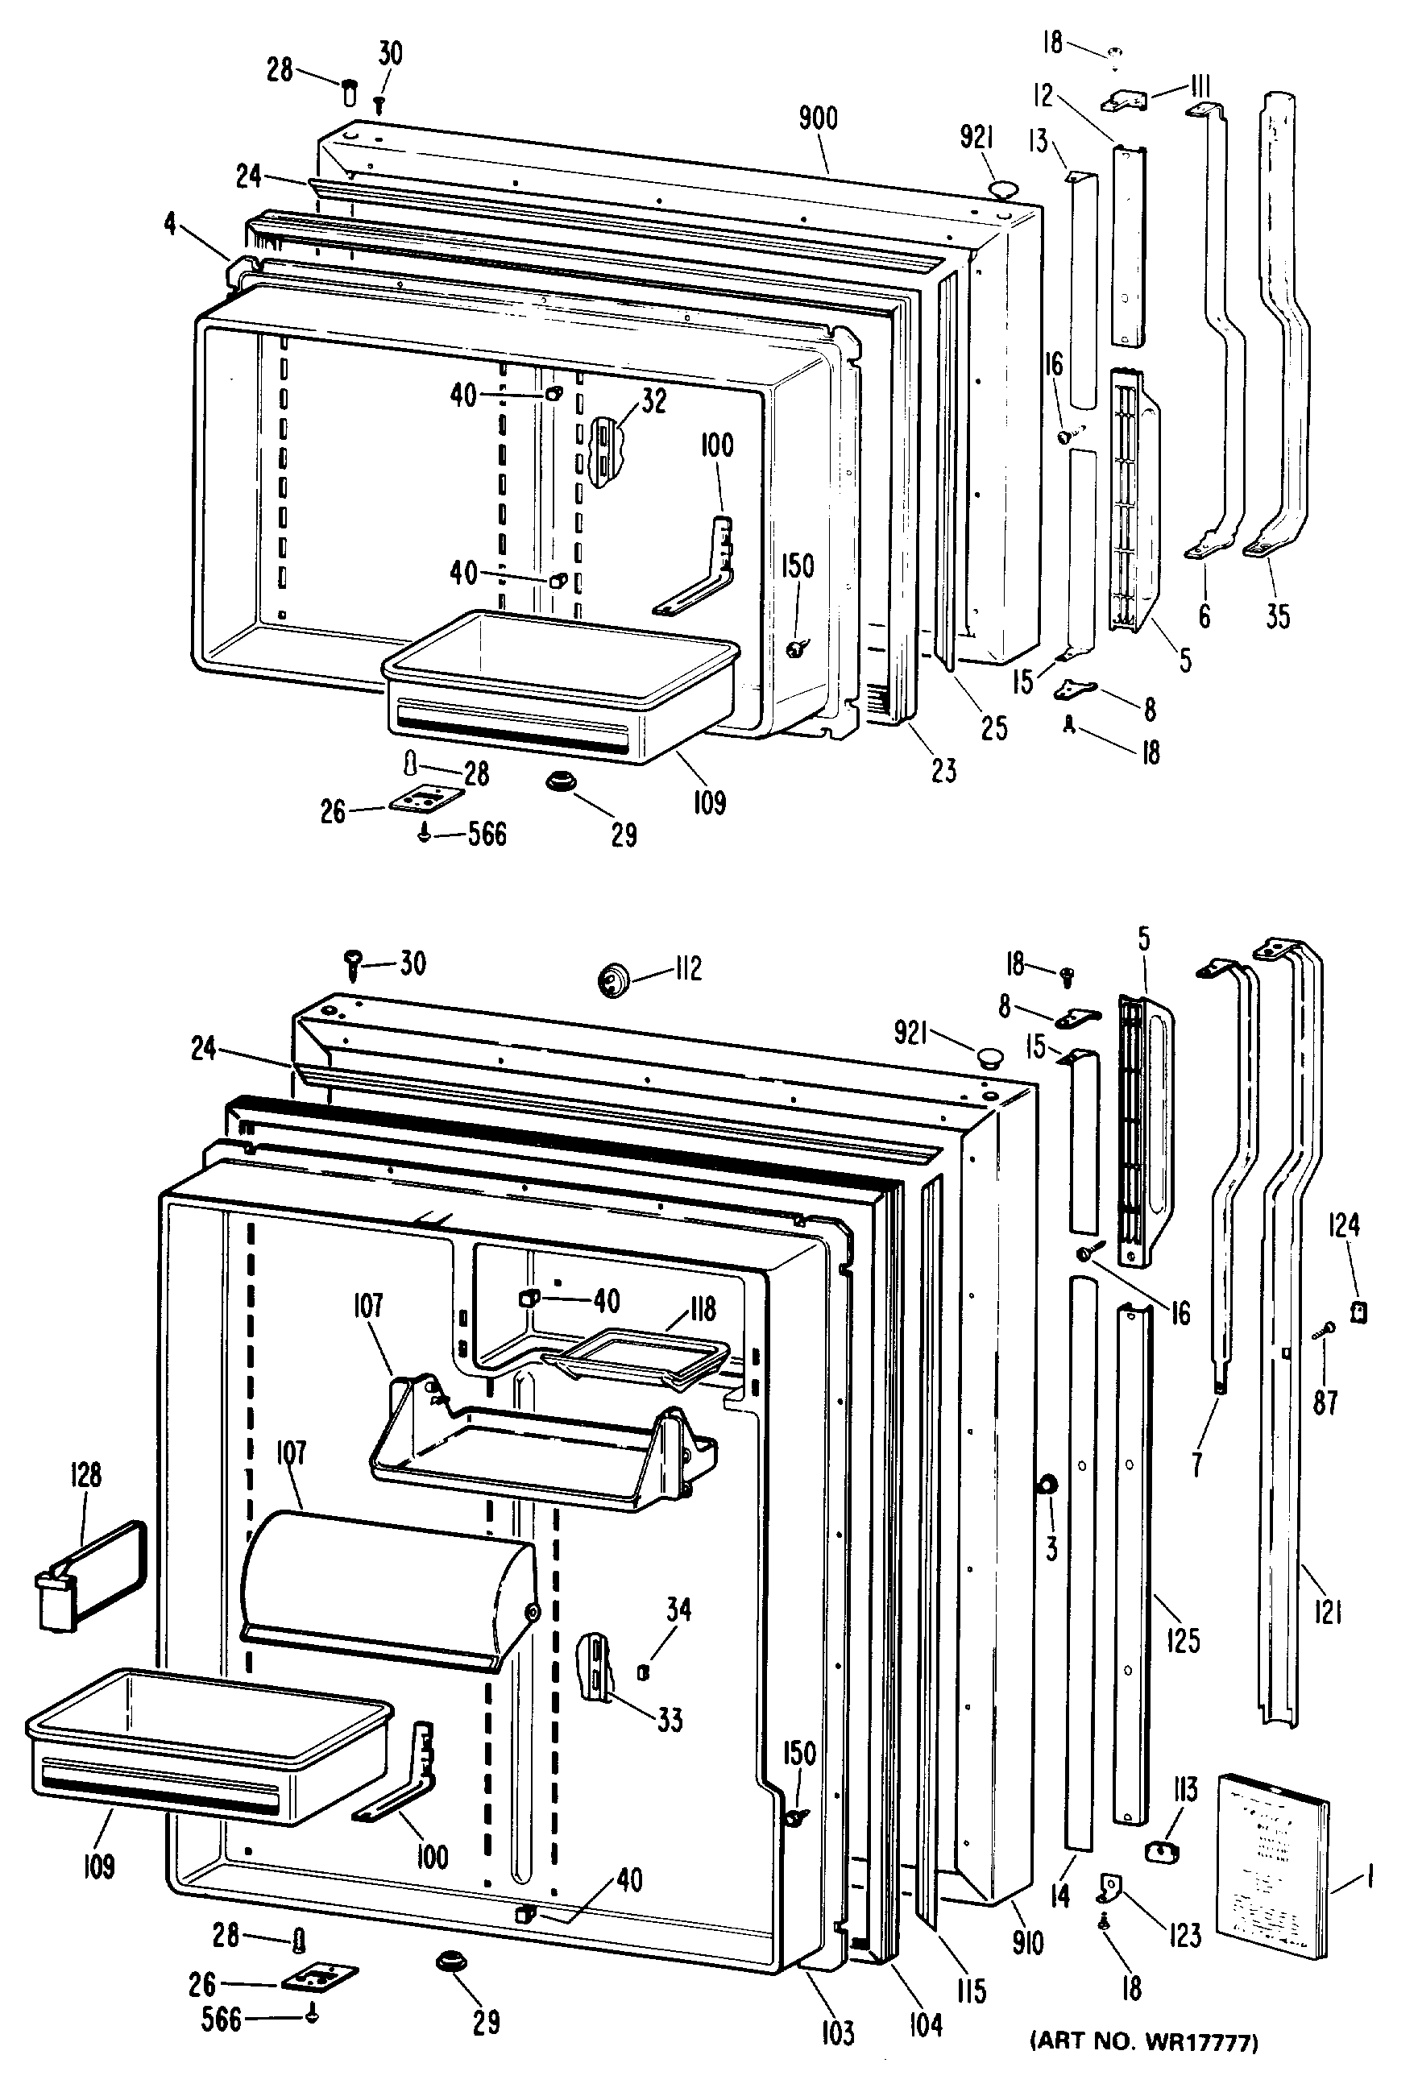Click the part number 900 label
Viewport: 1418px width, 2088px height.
click(818, 118)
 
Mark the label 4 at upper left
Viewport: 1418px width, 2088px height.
click(171, 224)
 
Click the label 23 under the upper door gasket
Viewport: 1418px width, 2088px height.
click(943, 770)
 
